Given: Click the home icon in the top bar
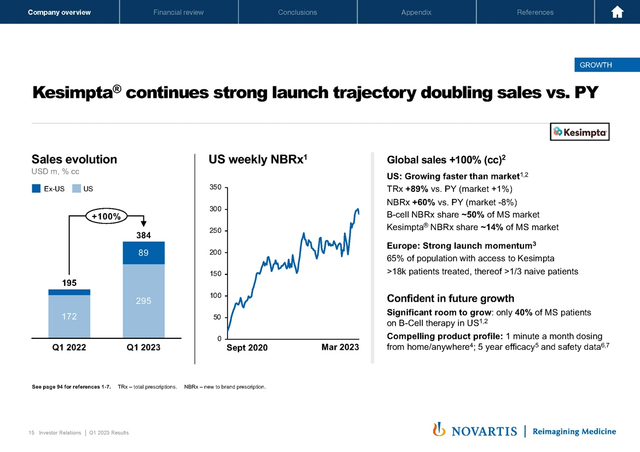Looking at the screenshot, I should tap(618, 12).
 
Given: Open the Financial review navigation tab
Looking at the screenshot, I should tap(178, 12).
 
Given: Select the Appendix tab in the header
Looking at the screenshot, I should tap(416, 12).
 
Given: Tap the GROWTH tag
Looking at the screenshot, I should tap(596, 65).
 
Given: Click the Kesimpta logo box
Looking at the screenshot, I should tap(579, 132).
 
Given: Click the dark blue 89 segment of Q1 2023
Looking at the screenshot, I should tap(143, 253).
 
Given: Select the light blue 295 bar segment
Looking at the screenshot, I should tap(143, 301).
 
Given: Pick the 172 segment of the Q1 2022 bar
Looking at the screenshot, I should tap(69, 316).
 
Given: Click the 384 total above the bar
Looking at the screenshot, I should tap(143, 235).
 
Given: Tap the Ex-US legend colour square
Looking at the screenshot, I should tap(37, 189).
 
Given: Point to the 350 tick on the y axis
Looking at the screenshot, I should tap(216, 187).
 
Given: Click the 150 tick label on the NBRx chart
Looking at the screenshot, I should tap(216, 274).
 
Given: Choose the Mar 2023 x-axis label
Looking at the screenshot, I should tap(340, 348).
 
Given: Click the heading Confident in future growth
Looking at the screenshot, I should tap(450, 298).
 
